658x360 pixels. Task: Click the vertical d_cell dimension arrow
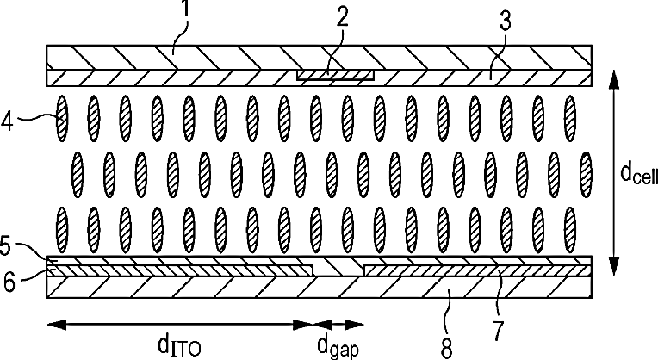click(614, 171)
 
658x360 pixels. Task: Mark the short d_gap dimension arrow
click(337, 323)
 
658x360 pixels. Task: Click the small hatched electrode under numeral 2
click(335, 76)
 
